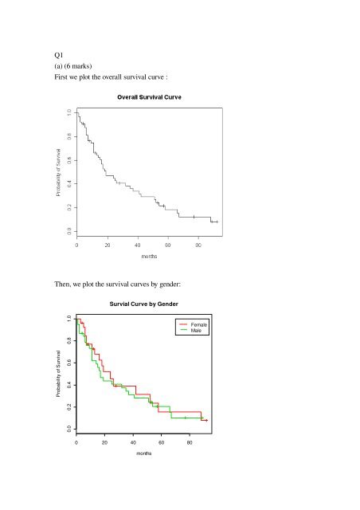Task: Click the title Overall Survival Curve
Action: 149,97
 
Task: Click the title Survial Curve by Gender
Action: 143,304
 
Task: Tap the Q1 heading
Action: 59,55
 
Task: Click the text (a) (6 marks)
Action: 73,66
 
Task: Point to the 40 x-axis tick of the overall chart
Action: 138,245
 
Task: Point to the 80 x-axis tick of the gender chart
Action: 190,442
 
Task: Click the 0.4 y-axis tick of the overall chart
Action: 69,184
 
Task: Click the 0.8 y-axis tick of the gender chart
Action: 69,341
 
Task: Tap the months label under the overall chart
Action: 149,257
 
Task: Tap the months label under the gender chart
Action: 143,453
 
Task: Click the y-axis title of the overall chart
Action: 58,173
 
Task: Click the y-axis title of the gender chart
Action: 58,374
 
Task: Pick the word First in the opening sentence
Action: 61,77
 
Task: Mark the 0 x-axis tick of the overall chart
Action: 76,245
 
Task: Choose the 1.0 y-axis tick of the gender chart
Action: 69,319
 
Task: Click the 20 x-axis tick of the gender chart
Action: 104,442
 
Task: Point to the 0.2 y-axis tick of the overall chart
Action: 69,207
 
